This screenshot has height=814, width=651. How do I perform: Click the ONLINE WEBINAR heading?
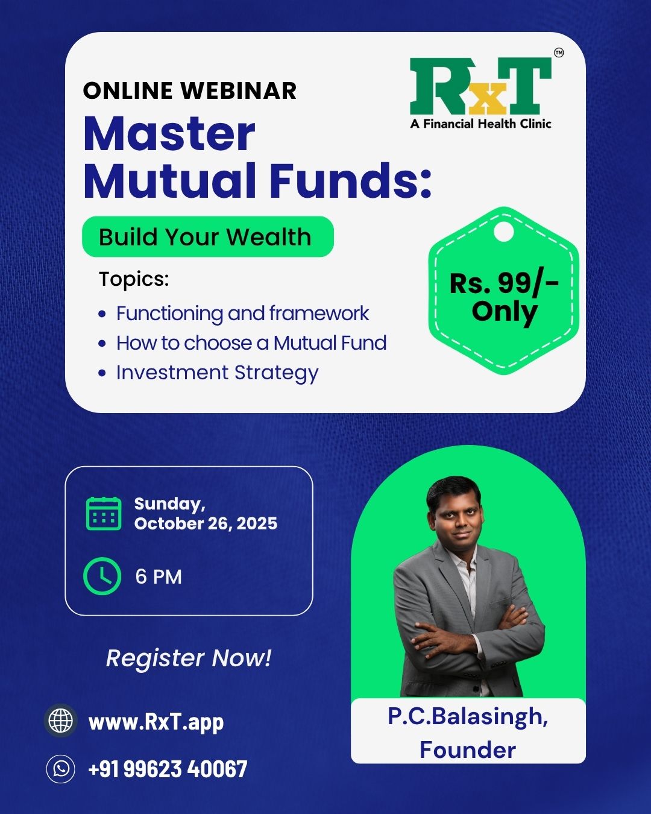pos(189,91)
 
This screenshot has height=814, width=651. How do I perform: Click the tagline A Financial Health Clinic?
pos(481,124)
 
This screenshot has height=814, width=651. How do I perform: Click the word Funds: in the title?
pos(351,180)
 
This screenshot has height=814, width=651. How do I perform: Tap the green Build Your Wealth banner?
pos(208,236)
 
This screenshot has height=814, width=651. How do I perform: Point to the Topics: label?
pos(134,279)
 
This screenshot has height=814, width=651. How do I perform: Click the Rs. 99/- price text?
pos(504,283)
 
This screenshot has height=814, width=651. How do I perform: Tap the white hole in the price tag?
pos(504,231)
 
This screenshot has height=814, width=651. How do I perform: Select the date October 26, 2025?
pos(206,523)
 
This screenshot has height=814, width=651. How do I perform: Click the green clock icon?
pos(102,576)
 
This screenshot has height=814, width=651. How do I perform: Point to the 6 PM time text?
pos(159,576)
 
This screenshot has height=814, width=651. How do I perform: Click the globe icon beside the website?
pos(60,721)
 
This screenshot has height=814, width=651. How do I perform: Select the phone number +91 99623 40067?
pos(168,769)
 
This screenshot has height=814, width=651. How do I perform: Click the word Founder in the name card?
pos(468,749)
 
